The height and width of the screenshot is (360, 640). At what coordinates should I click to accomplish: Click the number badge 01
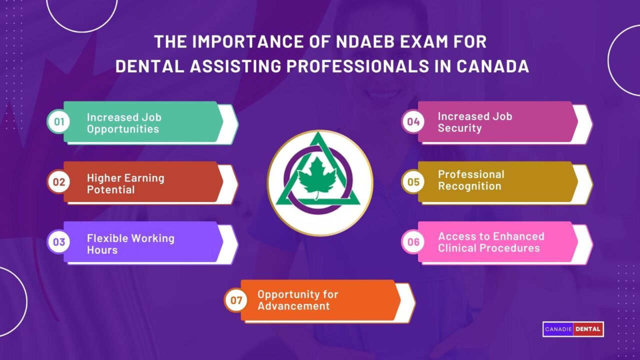pyautogui.click(x=59, y=122)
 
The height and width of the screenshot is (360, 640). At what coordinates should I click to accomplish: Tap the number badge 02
pyautogui.click(x=59, y=182)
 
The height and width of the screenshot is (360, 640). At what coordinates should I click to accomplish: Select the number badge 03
pyautogui.click(x=59, y=242)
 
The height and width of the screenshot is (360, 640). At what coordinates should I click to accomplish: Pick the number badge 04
pyautogui.click(x=413, y=121)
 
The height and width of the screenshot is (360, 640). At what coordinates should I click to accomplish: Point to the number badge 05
pyautogui.click(x=413, y=181)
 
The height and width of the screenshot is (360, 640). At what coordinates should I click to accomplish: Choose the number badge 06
pyautogui.click(x=413, y=242)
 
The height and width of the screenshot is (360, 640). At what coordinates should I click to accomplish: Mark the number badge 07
pyautogui.click(x=236, y=300)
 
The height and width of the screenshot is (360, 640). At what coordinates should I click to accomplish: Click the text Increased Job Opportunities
pyautogui.click(x=123, y=123)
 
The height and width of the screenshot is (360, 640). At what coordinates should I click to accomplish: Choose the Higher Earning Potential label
pyautogui.click(x=125, y=183)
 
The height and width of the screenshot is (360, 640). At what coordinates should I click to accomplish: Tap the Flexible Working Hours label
pyautogui.click(x=130, y=244)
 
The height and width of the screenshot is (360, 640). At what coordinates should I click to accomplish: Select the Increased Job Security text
pyautogui.click(x=475, y=122)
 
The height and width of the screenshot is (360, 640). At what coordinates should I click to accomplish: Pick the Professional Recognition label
pyautogui.click(x=471, y=180)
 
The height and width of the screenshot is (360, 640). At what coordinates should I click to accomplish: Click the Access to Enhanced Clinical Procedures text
pyautogui.click(x=491, y=242)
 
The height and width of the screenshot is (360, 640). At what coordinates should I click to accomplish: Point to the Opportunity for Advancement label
pyautogui.click(x=298, y=300)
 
